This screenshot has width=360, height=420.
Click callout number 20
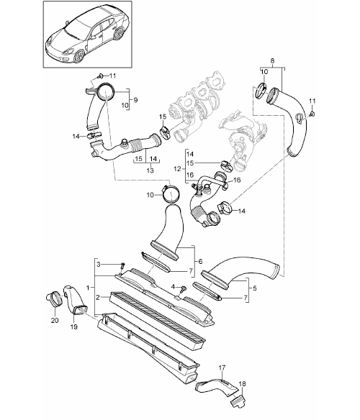[x=55, y=320]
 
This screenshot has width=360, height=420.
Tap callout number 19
[x=74, y=327]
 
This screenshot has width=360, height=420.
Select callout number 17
[x=222, y=367]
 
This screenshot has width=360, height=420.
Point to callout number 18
[x=242, y=384]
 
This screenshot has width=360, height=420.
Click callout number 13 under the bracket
[x=150, y=170]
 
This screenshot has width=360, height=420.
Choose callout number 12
[x=178, y=169]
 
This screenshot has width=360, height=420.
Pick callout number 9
[x=135, y=100]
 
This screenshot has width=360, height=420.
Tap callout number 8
[x=272, y=61]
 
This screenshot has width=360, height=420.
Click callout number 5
[x=254, y=288]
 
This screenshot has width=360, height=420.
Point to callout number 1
[x=88, y=288]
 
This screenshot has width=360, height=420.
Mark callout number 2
[x=98, y=297]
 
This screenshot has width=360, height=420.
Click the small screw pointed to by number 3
[x=122, y=267]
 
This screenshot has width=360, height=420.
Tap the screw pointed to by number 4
[x=184, y=288]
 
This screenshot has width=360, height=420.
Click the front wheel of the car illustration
[x=78, y=55]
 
